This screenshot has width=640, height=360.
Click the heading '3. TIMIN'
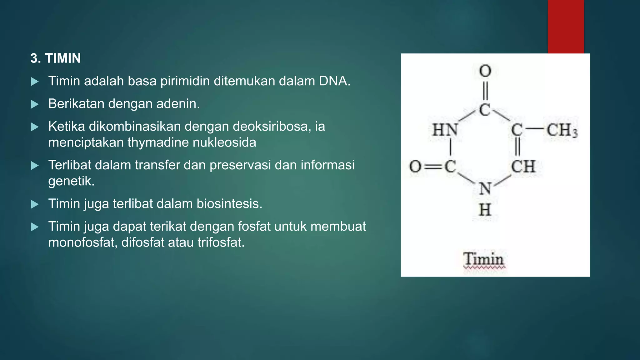(x=56, y=58)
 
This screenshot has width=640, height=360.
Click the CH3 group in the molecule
(x=562, y=130)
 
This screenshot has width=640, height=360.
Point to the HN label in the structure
(x=445, y=130)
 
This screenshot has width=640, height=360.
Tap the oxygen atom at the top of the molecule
(x=485, y=71)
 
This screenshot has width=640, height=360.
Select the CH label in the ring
(x=523, y=167)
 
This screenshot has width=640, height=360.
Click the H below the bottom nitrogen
(x=485, y=210)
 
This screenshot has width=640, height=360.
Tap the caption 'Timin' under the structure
(x=484, y=259)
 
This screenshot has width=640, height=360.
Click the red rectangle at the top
(x=566, y=27)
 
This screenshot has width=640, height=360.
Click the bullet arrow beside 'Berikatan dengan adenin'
(x=35, y=104)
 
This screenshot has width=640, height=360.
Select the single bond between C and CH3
(x=535, y=129)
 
